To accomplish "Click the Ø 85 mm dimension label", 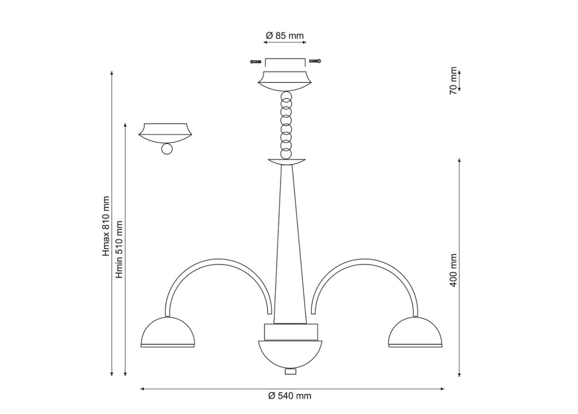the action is (285, 35).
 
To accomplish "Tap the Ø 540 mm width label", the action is (290, 396).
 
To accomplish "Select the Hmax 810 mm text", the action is (106, 226).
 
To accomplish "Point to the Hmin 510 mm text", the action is (118, 249).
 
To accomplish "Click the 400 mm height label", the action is (453, 270).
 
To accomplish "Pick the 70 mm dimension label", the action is (453, 81).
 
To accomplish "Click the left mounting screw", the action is (256, 61).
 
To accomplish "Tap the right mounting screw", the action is (315, 61).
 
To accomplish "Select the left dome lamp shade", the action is (167, 332).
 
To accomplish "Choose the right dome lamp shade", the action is (416, 332).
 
